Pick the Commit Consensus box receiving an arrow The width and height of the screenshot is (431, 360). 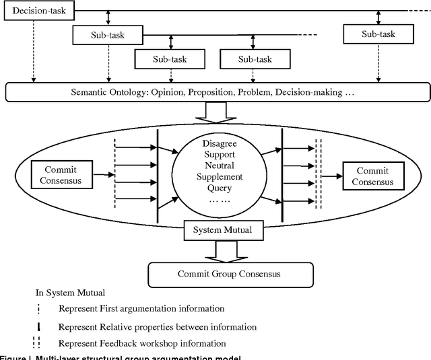click(x=372, y=176)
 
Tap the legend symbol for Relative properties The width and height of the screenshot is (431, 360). click(x=40, y=327)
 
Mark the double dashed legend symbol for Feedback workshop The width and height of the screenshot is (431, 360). click(x=39, y=343)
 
